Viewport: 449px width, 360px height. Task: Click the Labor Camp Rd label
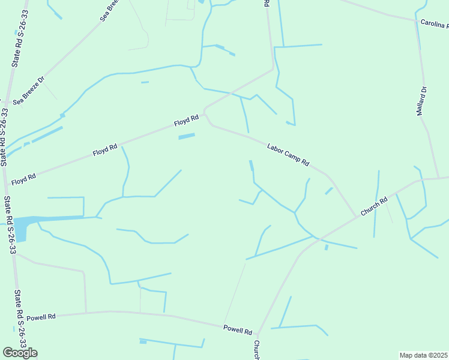pyautogui.click(x=288, y=154)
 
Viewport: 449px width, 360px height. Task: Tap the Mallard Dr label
pyautogui.click(x=422, y=101)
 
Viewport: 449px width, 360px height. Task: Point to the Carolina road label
pyautogui.click(x=434, y=25)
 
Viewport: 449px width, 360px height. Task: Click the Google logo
pyautogui.click(x=20, y=353)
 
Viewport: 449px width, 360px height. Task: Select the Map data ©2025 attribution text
pyautogui.click(x=424, y=355)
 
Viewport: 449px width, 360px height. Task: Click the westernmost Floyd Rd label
pyautogui.click(x=23, y=178)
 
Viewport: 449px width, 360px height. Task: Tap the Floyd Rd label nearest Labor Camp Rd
pyautogui.click(x=186, y=121)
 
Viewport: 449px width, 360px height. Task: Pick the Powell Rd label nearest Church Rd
pyautogui.click(x=238, y=329)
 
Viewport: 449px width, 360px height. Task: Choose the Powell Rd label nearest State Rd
pyautogui.click(x=41, y=316)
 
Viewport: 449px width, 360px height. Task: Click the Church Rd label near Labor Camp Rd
pyautogui.click(x=375, y=206)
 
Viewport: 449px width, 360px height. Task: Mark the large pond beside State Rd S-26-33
pyautogui.click(x=20, y=228)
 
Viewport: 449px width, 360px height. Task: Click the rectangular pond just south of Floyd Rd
pyautogui.click(x=187, y=137)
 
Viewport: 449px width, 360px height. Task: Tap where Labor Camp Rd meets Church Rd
pyautogui.click(x=355, y=216)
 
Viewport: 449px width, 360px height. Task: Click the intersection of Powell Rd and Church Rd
pyautogui.click(x=257, y=334)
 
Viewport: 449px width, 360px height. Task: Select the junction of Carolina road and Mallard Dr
pyautogui.click(x=415, y=21)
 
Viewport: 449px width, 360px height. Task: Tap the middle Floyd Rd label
pyautogui.click(x=105, y=150)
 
